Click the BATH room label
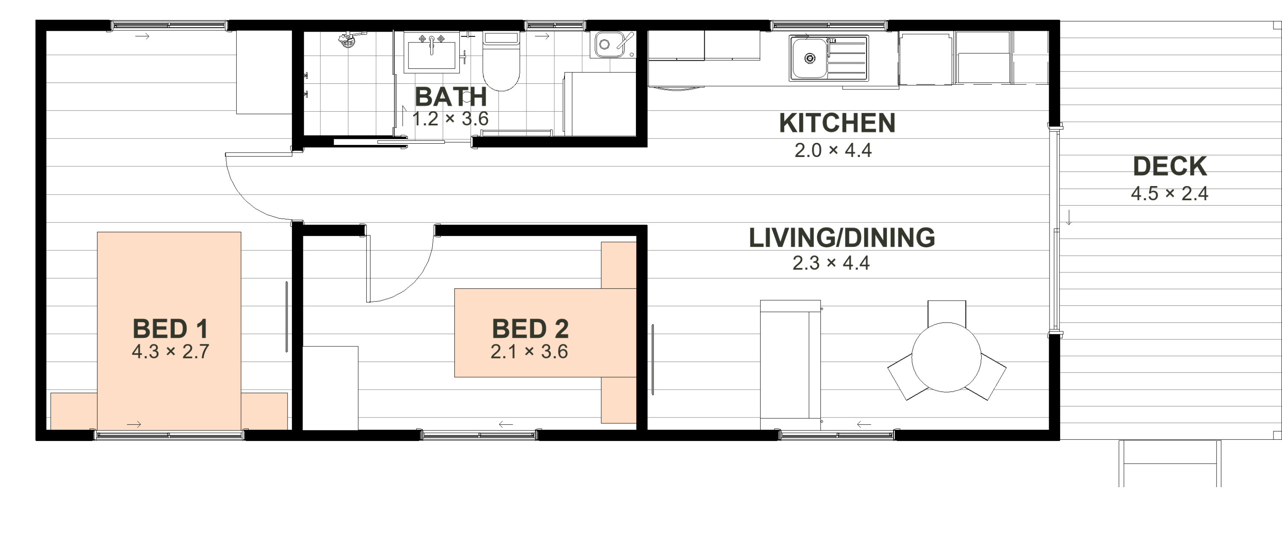click(450, 97)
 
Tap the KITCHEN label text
click(837, 123)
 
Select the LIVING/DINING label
click(841, 238)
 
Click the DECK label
click(1170, 166)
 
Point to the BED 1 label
click(170, 329)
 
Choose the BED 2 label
click(530, 329)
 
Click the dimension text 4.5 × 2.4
click(1170, 193)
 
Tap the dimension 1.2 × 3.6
click(450, 119)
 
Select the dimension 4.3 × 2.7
click(170, 352)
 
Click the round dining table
click(946, 357)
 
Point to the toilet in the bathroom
click(501, 61)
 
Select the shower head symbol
click(348, 39)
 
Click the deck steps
click(1170, 463)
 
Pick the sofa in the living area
click(790, 365)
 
